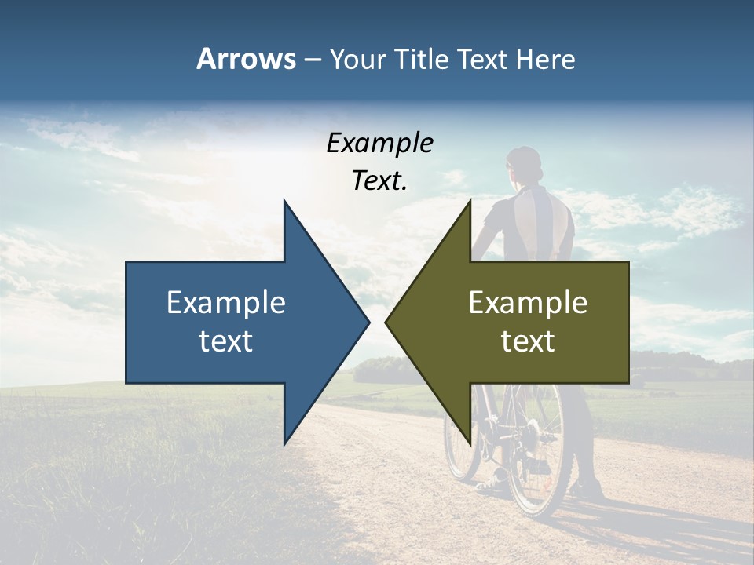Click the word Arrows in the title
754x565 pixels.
[245, 59]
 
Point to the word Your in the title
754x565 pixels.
[356, 60]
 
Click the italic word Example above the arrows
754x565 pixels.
[379, 144]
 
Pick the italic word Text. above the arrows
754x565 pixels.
[379, 181]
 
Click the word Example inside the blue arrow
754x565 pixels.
[226, 303]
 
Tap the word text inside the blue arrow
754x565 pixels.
[226, 341]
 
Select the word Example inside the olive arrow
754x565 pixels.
[528, 303]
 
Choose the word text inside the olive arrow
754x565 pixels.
[528, 341]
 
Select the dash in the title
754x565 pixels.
[312, 60]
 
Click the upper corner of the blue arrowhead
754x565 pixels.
[285, 202]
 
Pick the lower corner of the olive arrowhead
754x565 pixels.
[470, 443]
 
